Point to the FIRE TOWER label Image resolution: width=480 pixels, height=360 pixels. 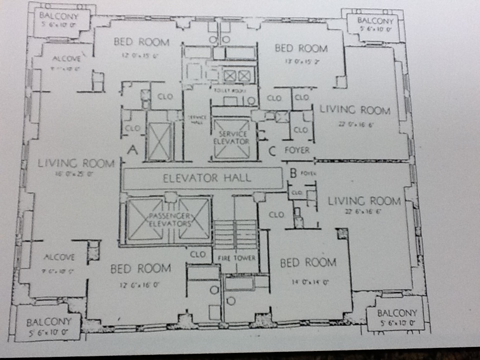pos(237,258)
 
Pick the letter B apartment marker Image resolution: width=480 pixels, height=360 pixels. pos(293,173)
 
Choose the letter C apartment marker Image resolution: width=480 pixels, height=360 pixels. pos(272,149)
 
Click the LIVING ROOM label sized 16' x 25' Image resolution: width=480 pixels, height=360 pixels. pos(76,163)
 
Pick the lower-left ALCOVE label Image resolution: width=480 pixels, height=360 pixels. pos(59,257)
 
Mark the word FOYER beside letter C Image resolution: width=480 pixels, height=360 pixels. pos(297,150)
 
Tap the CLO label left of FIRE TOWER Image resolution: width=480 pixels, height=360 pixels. pos(198,254)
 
